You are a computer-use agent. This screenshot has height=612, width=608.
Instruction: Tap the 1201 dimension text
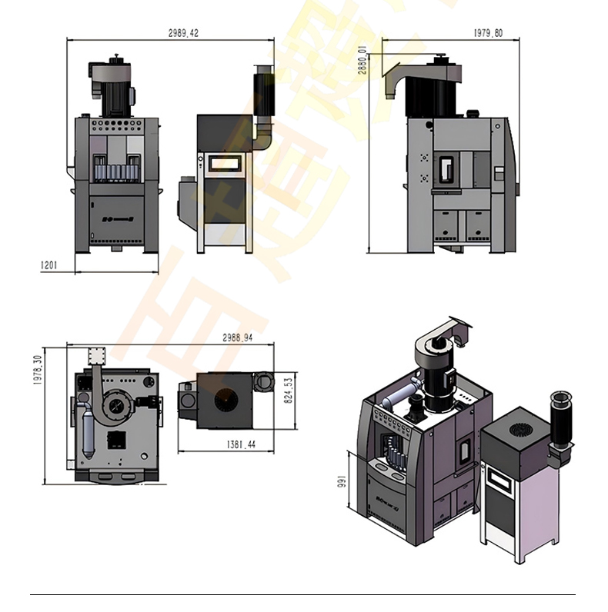(x=49, y=265)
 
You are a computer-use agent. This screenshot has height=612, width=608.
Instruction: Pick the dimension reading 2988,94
(x=238, y=338)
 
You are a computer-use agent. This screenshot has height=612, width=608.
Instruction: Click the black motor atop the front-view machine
(x=111, y=88)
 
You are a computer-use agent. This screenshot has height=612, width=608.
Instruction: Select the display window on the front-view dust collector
(x=224, y=163)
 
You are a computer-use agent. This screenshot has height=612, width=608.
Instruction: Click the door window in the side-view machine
(x=446, y=169)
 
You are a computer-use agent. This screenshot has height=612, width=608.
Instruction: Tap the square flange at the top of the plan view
(x=95, y=355)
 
